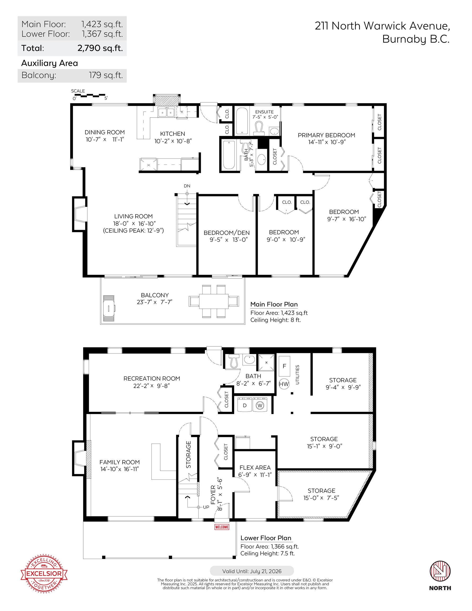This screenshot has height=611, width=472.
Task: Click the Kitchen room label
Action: point(173,134)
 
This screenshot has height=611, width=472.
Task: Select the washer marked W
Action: point(260,405)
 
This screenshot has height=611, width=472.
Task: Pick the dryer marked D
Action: point(245,405)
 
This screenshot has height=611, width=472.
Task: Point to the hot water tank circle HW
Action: point(284,384)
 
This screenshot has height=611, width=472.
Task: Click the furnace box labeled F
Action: point(285,366)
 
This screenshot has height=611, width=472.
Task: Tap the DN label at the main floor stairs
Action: point(187,186)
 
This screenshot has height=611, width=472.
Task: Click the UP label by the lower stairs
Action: point(206,507)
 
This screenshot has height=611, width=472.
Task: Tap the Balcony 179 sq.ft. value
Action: point(106,75)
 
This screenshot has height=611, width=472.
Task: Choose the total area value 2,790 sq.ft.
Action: point(100,48)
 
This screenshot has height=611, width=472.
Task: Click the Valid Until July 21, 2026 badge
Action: point(252,571)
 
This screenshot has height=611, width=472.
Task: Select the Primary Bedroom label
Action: point(326,135)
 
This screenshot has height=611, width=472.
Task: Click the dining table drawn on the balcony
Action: point(214,301)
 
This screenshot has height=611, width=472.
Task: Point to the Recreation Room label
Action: point(152,378)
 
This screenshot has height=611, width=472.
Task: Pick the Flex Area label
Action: point(255,468)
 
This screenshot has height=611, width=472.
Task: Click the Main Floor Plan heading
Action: point(274,304)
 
